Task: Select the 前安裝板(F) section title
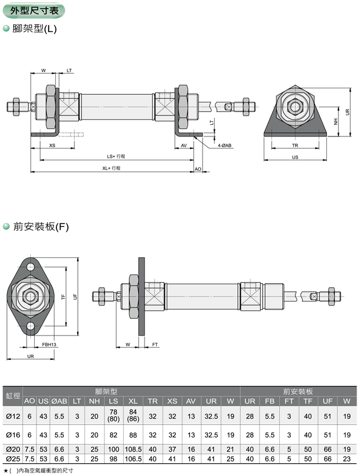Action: click(40, 227)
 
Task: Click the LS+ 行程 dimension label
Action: click(116, 156)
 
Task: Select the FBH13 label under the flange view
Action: click(49, 345)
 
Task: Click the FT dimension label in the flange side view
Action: click(155, 345)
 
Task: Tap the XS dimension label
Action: click(52, 146)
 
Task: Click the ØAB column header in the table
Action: click(60, 401)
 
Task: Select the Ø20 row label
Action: click(12, 449)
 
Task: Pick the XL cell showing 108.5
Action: click(133, 449)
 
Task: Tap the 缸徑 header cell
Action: click(12, 396)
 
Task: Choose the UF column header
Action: click(327, 401)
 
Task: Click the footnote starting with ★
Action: click(38, 471)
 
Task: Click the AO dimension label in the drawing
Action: click(197, 168)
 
